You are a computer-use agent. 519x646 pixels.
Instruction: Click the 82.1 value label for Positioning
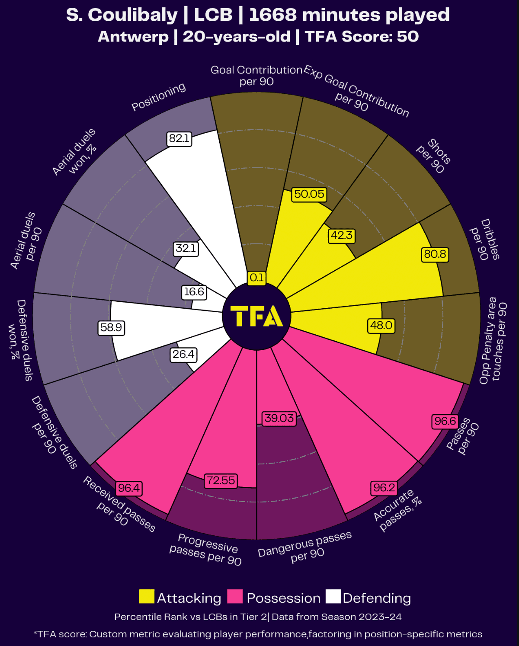point(179,139)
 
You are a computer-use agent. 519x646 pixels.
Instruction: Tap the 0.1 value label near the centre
point(256,278)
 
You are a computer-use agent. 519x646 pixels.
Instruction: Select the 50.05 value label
point(309,194)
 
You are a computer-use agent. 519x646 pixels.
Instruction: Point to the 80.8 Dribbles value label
point(435,254)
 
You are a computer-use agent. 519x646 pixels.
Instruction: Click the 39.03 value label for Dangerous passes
point(279,419)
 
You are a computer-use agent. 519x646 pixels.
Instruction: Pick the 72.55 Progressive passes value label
point(221,481)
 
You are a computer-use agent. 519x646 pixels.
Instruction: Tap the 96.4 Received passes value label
point(129,488)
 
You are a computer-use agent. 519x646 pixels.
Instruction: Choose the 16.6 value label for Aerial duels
point(194,292)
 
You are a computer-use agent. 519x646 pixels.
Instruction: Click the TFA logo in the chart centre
point(256,316)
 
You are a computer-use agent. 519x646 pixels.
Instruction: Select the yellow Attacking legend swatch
point(146,597)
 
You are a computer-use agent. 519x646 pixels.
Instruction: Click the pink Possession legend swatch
point(235,597)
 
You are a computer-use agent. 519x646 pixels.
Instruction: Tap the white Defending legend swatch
point(333,597)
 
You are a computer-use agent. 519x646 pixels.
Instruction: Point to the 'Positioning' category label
point(159,97)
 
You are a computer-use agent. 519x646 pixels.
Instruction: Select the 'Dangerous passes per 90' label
point(305,547)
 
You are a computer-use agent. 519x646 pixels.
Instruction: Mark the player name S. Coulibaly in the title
point(122,15)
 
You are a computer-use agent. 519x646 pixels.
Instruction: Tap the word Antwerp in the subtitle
point(133,37)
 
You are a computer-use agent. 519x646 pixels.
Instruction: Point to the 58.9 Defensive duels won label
point(111,328)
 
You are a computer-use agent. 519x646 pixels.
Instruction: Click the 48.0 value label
point(381,325)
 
